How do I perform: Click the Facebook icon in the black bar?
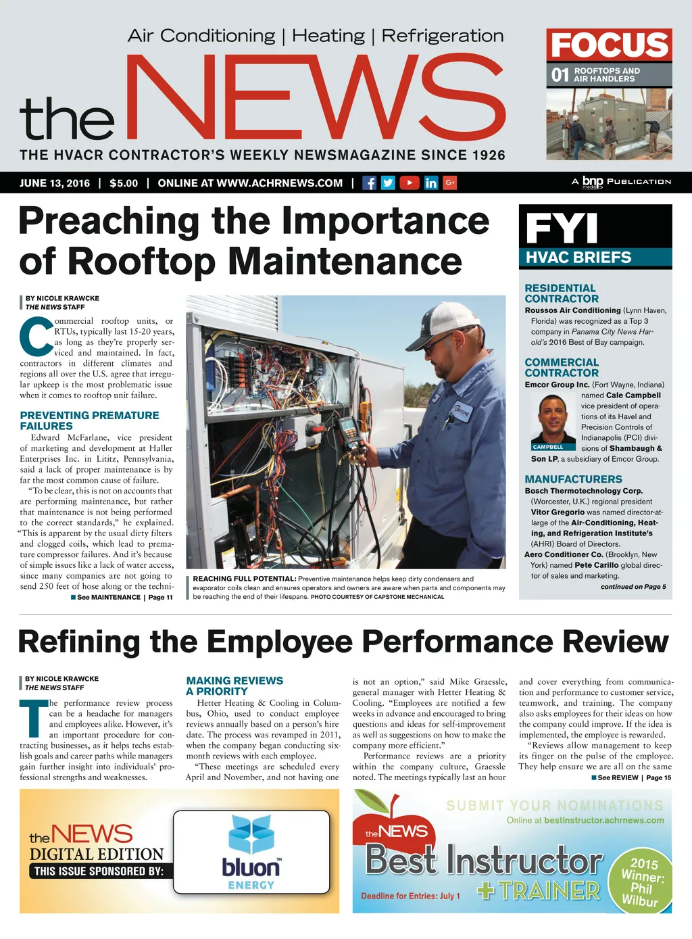tap(369, 183)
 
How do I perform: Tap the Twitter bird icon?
tap(388, 183)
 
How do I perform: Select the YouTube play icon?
tap(410, 183)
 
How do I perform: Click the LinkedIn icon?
tap(430, 183)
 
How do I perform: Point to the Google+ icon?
tap(450, 183)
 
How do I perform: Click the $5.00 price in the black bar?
tap(124, 183)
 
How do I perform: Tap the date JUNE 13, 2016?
tap(55, 183)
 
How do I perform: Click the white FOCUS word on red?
tap(609, 45)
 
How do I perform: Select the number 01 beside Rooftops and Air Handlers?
tap(560, 74)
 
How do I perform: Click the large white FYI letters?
tap(562, 228)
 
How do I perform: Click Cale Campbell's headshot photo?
tap(553, 418)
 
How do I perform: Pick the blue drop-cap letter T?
tap(33, 718)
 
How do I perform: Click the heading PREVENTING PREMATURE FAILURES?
tap(89, 420)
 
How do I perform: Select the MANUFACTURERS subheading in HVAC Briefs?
tap(573, 479)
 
